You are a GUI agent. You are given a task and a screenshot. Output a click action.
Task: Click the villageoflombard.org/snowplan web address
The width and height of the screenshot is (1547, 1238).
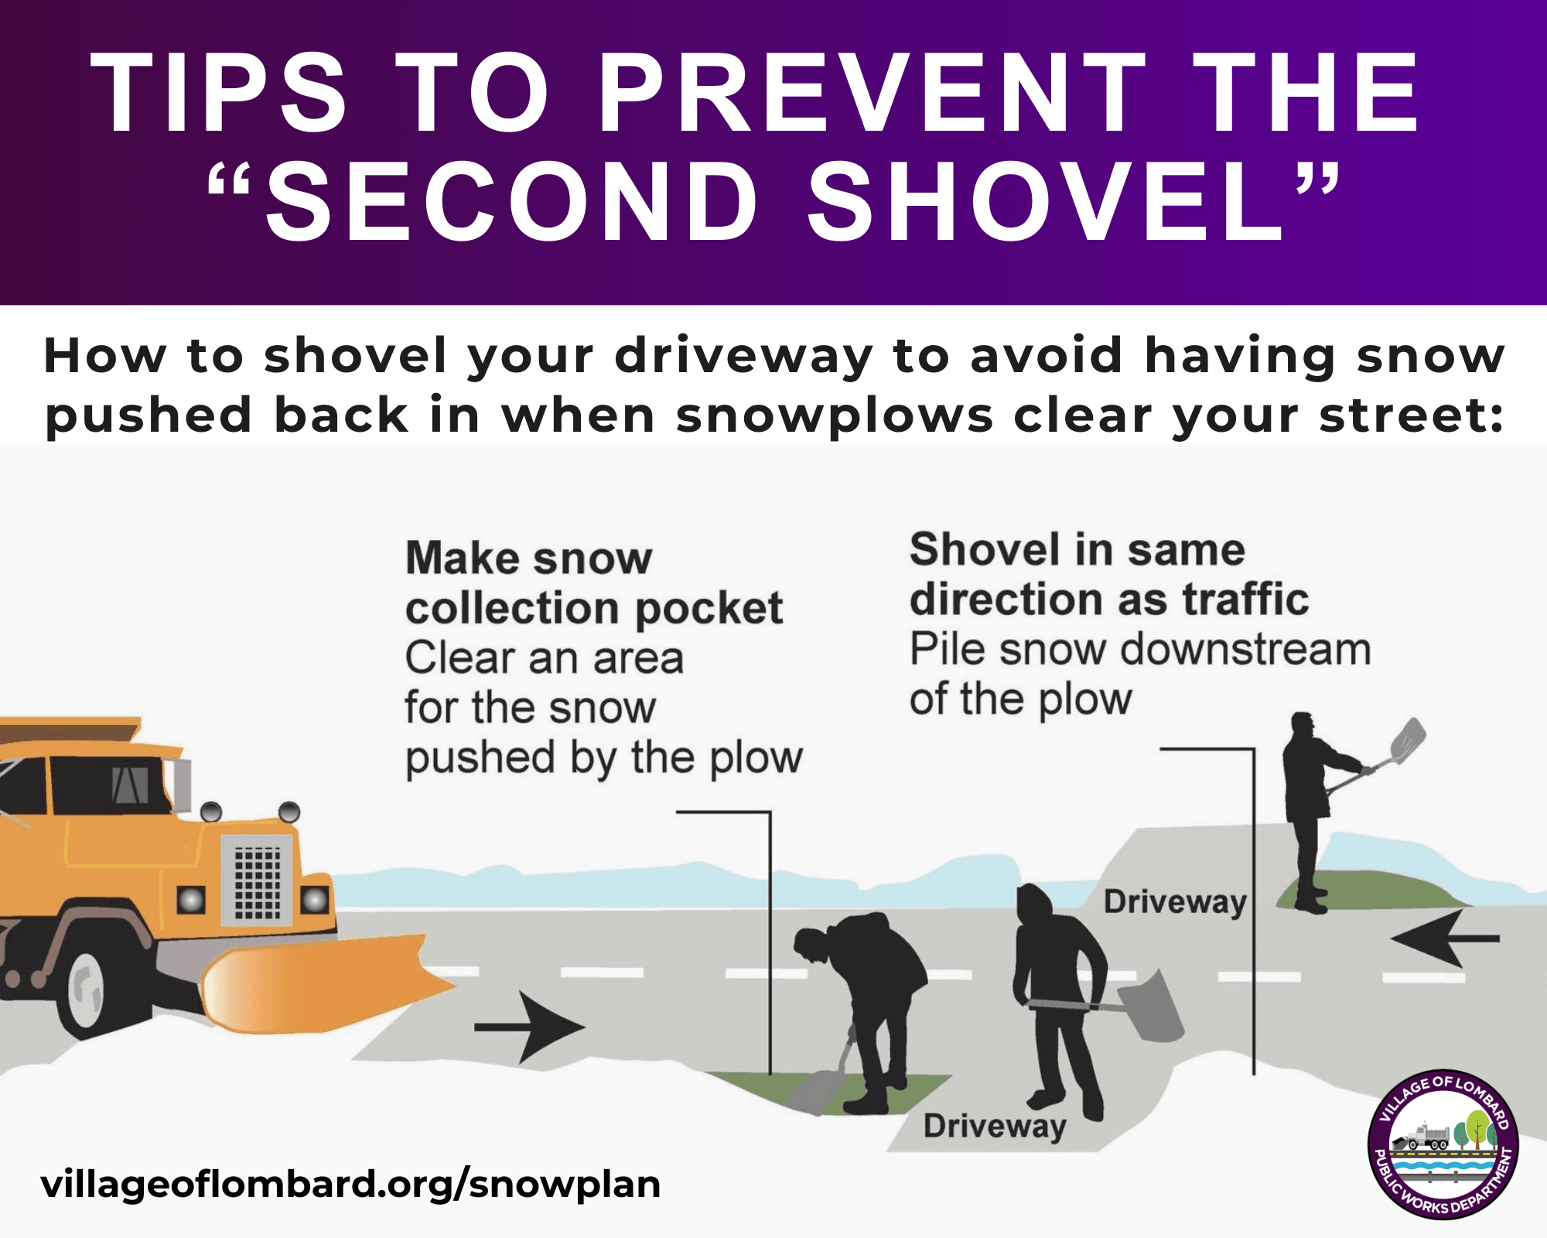coord(350,1184)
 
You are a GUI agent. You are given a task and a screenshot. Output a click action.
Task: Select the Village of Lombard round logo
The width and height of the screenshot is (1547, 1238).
coord(1443,1146)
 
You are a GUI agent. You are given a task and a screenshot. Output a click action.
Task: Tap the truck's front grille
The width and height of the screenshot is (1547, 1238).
coord(258,881)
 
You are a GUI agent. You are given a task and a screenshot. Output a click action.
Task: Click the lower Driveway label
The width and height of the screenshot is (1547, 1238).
coord(995,1126)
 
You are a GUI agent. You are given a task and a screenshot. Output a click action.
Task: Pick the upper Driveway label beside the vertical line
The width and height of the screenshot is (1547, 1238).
coord(1174,902)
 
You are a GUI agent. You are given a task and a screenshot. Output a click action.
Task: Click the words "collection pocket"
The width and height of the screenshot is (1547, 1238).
coord(594,609)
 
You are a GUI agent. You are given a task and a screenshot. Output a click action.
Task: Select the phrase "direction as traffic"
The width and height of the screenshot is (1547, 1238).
coord(1109,600)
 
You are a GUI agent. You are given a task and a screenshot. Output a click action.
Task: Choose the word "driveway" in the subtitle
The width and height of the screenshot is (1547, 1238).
coord(743,356)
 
